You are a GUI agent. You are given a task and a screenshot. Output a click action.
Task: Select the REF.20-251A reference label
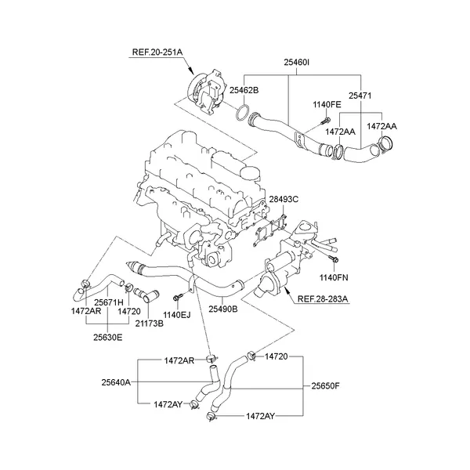point(156,52)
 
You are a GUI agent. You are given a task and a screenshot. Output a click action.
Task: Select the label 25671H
point(109,301)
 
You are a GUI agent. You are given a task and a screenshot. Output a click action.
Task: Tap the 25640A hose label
point(116,382)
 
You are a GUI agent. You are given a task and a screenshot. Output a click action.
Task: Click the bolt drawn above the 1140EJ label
point(179,297)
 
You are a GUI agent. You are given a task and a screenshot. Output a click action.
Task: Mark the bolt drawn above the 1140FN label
point(334,259)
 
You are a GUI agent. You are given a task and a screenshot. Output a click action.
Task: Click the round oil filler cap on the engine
point(250,172)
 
